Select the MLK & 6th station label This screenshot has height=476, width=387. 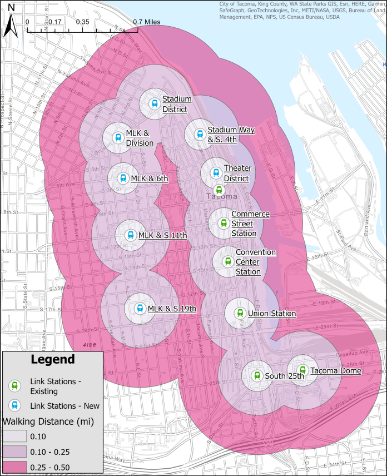click(x=149, y=178)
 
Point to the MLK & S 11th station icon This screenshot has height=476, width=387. click(x=130, y=235)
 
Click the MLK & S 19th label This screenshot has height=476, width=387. click(x=172, y=308)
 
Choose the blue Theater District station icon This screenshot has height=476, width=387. click(x=215, y=172)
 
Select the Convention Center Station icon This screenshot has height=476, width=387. click(x=227, y=261)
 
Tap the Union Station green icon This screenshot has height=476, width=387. click(x=240, y=313)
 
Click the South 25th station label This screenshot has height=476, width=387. click(x=285, y=376)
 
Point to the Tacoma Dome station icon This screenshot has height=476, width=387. click(x=302, y=370)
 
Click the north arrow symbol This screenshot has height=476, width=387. click(x=9, y=26)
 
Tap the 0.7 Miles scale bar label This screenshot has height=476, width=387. click(x=146, y=22)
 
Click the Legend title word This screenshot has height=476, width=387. click(x=52, y=360)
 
